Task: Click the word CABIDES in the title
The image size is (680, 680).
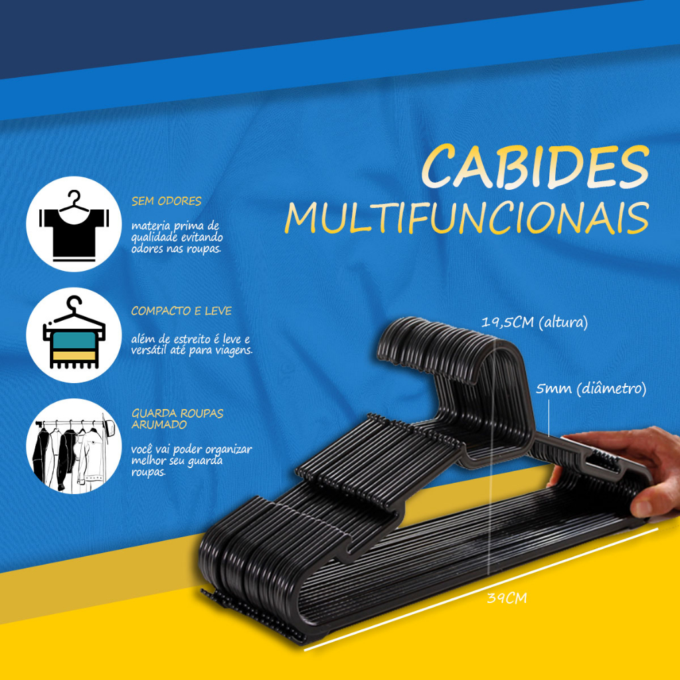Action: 536,167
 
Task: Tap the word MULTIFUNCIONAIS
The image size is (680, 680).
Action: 467,218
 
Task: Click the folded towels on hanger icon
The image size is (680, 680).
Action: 73,335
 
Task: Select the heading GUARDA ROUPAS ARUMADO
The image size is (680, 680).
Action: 177,418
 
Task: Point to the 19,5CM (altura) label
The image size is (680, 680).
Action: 535,323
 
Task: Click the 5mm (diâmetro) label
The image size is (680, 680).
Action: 591,388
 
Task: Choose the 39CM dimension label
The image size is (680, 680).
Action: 507,598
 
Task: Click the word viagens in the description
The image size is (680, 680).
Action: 232,350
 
